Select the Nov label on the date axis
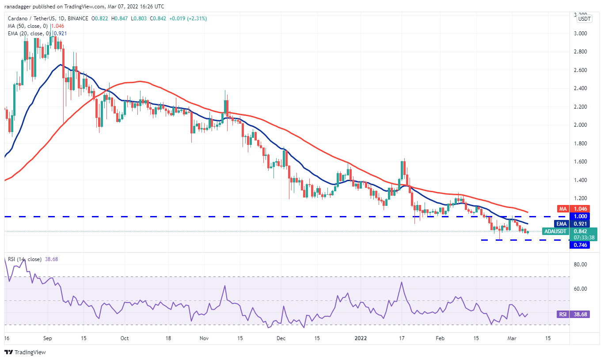click(203, 338)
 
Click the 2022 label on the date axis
click(361, 338)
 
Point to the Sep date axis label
click(48, 338)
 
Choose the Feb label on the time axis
click(440, 338)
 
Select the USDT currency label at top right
click(585, 19)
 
